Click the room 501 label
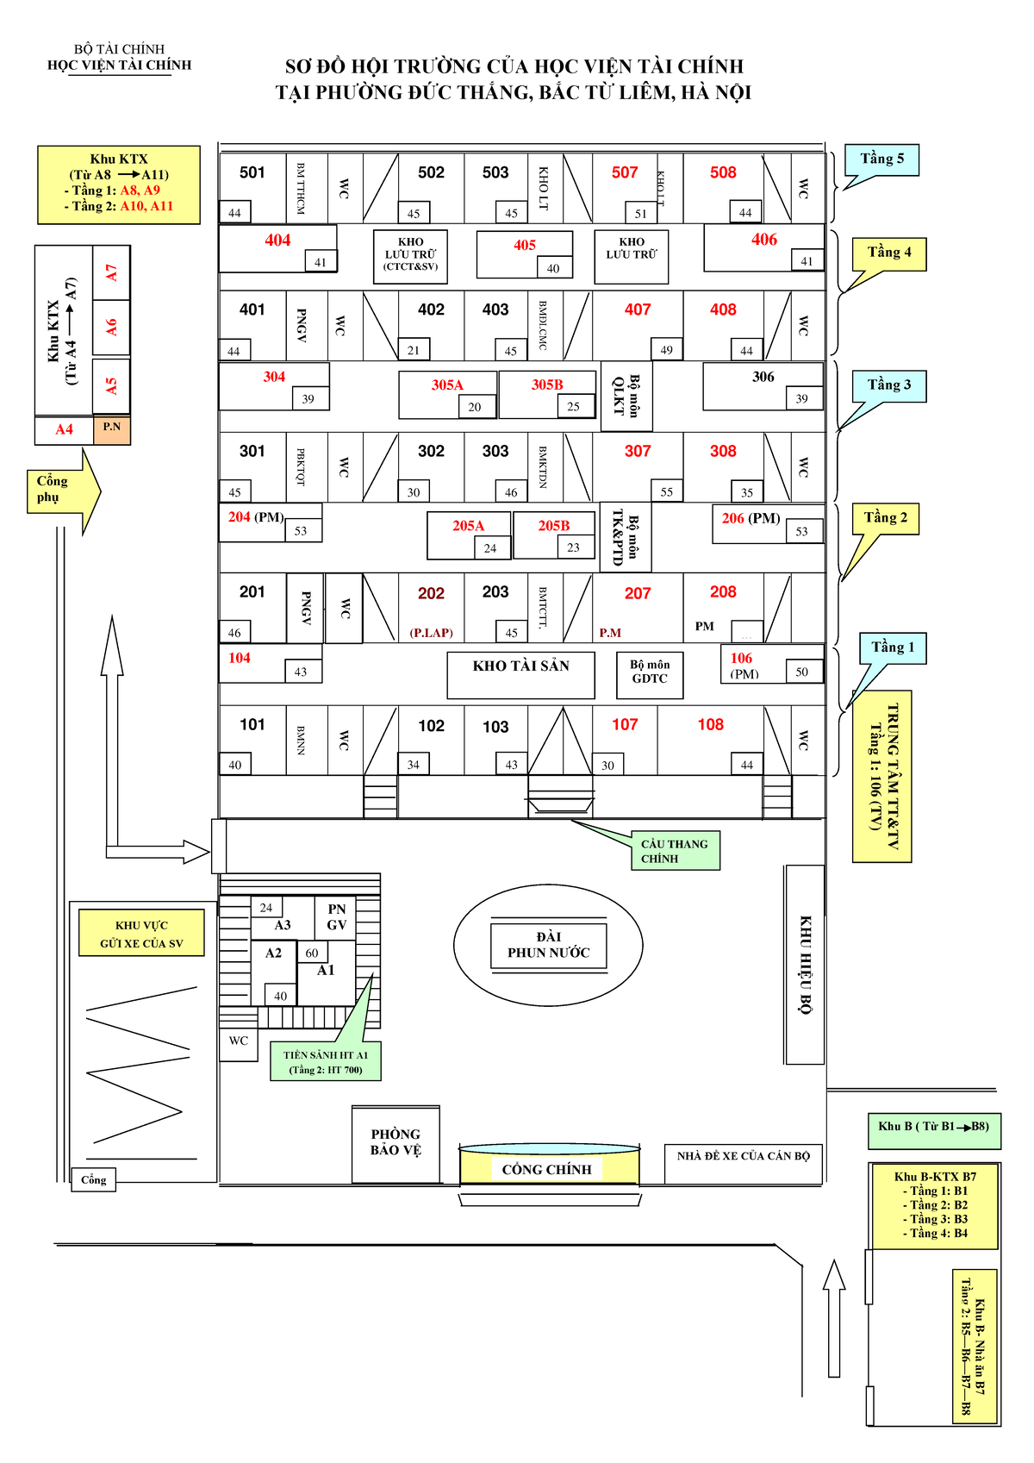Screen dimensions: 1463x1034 click(252, 172)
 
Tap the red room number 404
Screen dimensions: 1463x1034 click(277, 241)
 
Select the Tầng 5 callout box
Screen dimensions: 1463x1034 click(882, 159)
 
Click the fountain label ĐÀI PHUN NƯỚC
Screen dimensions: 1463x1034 click(548, 945)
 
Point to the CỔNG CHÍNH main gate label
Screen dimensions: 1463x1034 click(547, 1169)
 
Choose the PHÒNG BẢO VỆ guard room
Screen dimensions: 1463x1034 click(396, 1143)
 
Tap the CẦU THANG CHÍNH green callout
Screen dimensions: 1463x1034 click(674, 851)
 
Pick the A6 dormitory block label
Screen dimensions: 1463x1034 click(111, 328)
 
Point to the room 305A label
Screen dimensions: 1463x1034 click(447, 385)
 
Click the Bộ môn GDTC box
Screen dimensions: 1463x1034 click(650, 672)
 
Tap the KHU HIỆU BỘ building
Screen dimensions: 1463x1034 click(805, 964)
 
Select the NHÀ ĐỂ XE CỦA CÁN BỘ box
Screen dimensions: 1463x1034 click(743, 1157)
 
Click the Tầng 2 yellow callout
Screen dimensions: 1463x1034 click(886, 518)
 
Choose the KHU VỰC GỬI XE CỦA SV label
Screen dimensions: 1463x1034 click(142, 934)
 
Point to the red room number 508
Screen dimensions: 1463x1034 click(723, 172)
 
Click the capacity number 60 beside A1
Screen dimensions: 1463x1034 click(312, 953)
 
